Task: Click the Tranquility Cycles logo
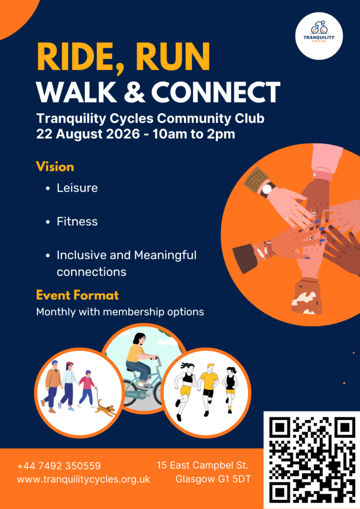click(319, 36)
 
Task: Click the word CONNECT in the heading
click(215, 92)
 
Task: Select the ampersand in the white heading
click(134, 92)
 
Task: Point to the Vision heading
click(55, 167)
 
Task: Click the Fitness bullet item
click(77, 221)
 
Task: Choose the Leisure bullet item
click(77, 187)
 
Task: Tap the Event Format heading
click(77, 295)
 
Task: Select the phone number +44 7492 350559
click(59, 466)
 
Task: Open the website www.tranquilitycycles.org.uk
click(84, 479)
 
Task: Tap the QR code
click(312, 460)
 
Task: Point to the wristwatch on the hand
click(267, 189)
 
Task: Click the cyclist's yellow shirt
click(135, 353)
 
